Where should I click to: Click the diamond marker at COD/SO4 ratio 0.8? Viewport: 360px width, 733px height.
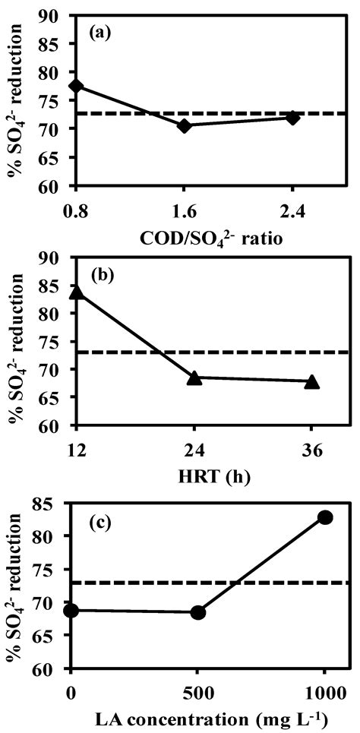pyautogui.click(x=74, y=86)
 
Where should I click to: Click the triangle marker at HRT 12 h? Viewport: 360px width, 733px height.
pyautogui.click(x=74, y=292)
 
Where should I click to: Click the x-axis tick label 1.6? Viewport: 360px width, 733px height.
pyautogui.click(x=183, y=204)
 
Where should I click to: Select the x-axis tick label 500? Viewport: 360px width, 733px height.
pyautogui.click(x=198, y=689)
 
